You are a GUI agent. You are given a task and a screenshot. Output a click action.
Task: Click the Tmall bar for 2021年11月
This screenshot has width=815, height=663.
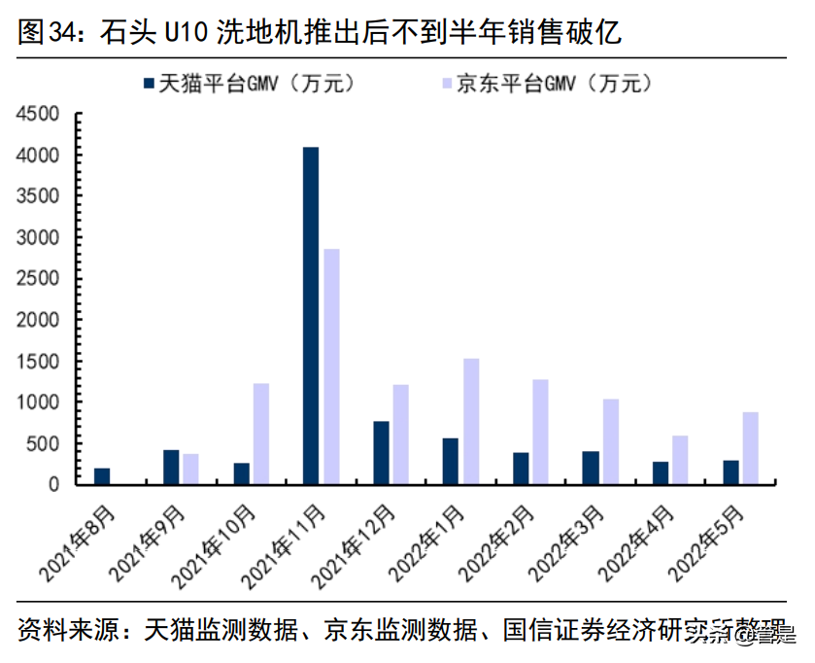[311, 315]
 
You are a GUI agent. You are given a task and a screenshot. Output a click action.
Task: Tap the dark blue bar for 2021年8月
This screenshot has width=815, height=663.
[102, 475]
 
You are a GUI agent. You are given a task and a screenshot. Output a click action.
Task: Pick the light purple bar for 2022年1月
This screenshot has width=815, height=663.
[471, 420]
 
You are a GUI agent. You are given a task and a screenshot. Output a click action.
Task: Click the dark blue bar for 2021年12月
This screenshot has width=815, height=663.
[381, 452]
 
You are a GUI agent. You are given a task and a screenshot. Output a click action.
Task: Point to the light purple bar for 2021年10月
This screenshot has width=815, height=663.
[261, 433]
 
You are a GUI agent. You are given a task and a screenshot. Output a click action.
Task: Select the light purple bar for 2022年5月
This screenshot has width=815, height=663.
[750, 447]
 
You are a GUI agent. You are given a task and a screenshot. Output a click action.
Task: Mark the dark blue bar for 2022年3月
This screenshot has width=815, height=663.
[591, 467]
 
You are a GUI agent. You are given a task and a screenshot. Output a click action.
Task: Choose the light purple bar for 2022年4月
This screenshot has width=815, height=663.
[680, 459]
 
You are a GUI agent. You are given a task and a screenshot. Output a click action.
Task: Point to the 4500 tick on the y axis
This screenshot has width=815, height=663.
[38, 115]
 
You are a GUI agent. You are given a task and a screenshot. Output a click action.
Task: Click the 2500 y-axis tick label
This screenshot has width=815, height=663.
[38, 279]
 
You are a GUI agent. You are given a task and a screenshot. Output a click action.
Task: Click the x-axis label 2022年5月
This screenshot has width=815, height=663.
[709, 541]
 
